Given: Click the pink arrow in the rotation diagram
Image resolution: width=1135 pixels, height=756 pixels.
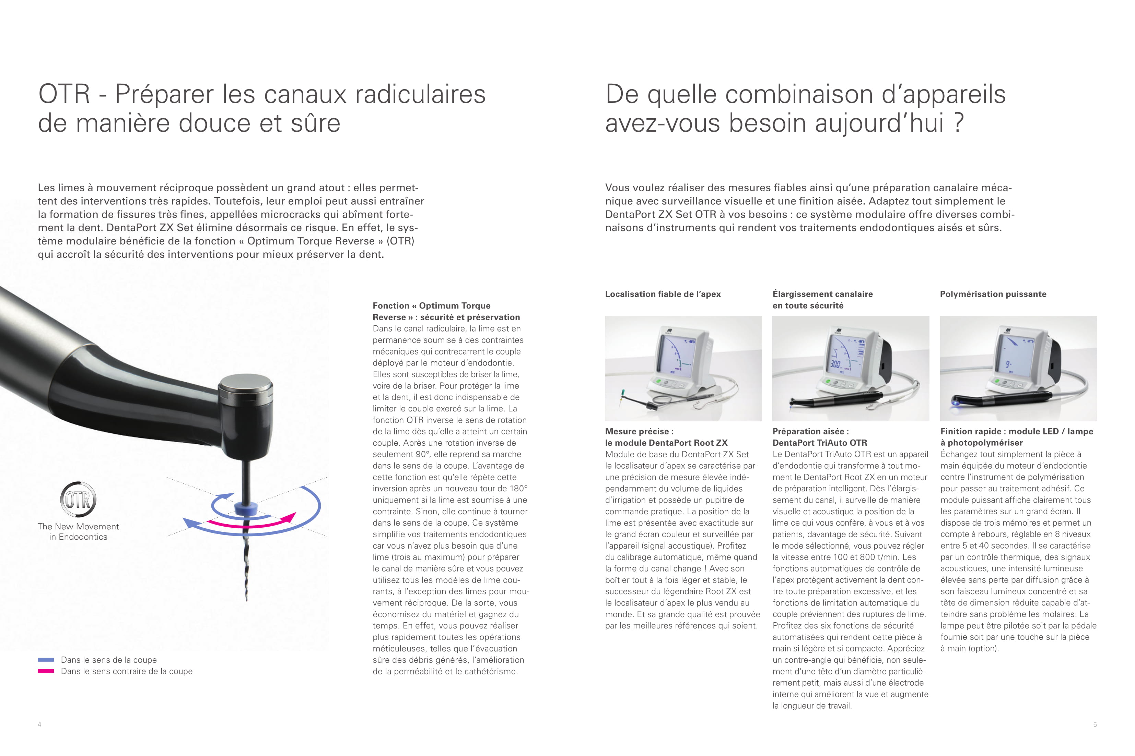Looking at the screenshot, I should pyautogui.click(x=251, y=522).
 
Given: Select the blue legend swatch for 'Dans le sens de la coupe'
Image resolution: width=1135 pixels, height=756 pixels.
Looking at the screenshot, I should pyautogui.click(x=46, y=660).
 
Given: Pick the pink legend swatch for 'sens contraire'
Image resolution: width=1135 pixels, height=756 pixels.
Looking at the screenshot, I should pyautogui.click(x=46, y=671).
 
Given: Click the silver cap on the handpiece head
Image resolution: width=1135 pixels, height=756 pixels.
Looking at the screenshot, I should pyautogui.click(x=246, y=386).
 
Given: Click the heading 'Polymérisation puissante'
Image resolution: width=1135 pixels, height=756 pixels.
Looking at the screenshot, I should pyautogui.click(x=993, y=294).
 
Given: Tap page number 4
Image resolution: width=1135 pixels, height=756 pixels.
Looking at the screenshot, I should pyautogui.click(x=39, y=724).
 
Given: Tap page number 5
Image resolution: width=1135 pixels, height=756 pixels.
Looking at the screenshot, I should pyautogui.click(x=1095, y=724).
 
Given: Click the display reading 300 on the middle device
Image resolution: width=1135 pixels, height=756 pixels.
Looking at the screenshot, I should pyautogui.click(x=835, y=364).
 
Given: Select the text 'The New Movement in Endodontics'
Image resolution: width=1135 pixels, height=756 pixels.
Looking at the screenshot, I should pyautogui.click(x=78, y=531).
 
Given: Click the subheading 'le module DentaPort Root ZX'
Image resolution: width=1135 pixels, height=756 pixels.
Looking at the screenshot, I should pyautogui.click(x=666, y=443).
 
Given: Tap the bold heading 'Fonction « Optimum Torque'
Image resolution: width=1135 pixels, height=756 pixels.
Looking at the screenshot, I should pyautogui.click(x=431, y=306).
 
